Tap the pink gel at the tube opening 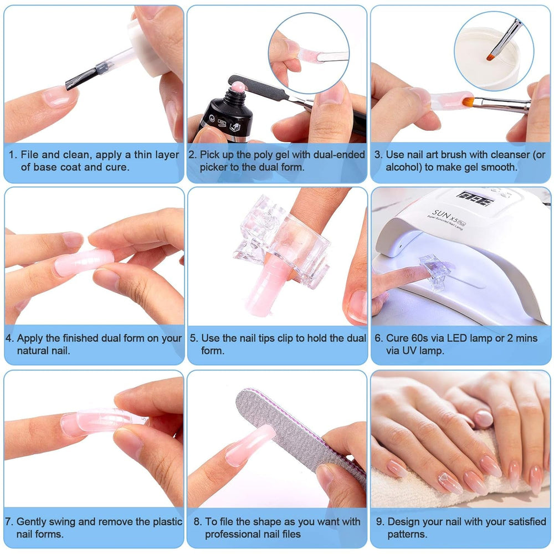click(238, 86)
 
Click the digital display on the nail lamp click(475, 198)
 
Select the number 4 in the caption click(9, 338)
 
